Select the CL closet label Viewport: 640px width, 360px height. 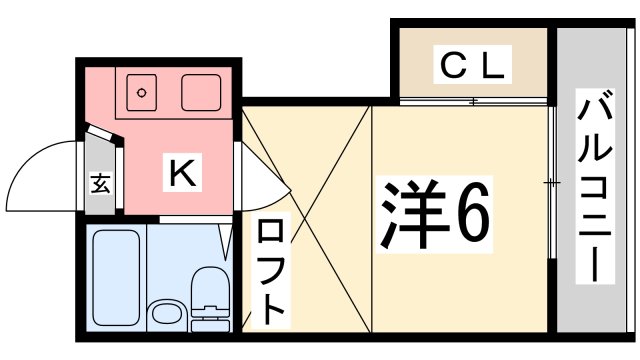(474, 67)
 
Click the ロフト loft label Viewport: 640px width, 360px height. (271, 271)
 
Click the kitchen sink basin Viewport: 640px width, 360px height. (203, 93)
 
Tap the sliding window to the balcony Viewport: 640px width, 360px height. (552, 183)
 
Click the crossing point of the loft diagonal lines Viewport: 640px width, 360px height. (307, 219)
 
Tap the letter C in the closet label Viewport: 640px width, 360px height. (455, 67)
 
